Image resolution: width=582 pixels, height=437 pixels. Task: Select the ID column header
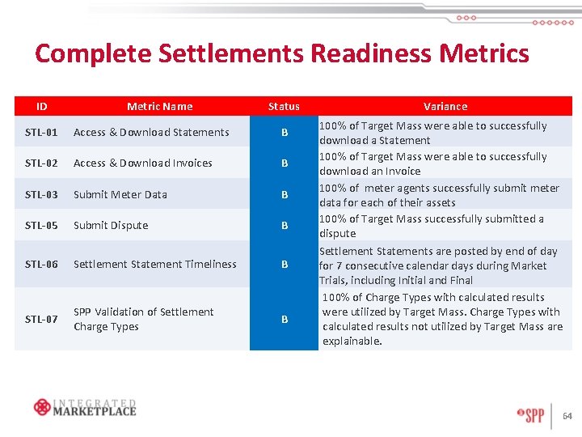41,106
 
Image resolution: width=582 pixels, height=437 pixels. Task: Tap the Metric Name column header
159,106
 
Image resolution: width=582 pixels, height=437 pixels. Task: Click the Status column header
284,106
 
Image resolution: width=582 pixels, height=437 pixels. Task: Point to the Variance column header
445,106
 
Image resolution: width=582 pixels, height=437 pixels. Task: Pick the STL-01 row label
41,132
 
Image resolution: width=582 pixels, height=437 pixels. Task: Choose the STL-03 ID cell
41,194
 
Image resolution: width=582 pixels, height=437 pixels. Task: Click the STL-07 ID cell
41,319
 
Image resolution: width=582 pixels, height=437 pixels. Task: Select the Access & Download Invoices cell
143,163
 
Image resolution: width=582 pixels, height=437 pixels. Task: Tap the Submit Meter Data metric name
120,194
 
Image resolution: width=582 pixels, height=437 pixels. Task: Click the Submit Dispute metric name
111,225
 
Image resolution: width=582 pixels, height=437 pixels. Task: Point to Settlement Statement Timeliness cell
154,264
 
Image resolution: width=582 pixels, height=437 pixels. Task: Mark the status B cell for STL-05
284,225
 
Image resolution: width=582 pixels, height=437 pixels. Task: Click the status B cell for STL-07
284,319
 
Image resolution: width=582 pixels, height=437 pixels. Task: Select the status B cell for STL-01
284,132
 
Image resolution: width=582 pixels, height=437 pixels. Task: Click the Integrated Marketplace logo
85,407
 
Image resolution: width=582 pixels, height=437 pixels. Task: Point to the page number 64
567,417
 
